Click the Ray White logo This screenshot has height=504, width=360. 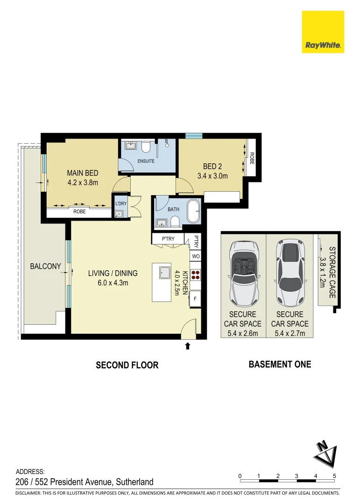tap(323, 32)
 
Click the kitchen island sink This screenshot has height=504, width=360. tap(164, 272)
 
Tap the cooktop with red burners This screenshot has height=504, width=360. tap(196, 275)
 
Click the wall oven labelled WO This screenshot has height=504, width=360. tap(196, 257)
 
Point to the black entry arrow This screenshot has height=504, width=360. tap(188, 346)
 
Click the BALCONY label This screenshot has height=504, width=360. tap(45, 266)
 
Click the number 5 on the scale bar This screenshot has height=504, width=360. tap(335, 476)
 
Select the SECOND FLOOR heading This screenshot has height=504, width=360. tap(127, 365)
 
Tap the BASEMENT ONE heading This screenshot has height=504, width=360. tap(280, 364)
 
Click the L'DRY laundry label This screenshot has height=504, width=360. tap(120, 203)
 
